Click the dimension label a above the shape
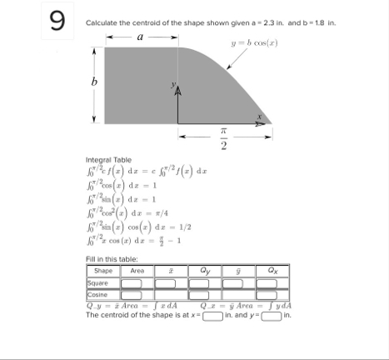[139, 37]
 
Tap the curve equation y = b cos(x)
[250, 42]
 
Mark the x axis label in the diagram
[260, 117]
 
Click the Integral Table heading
[107, 159]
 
